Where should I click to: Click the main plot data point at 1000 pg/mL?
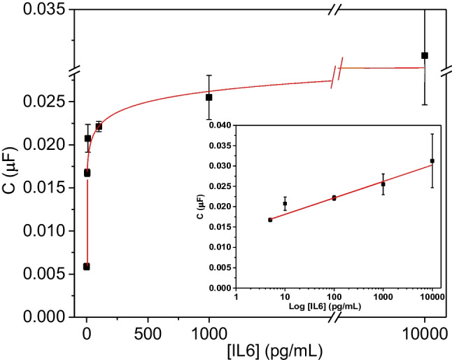pyautogui.click(x=209, y=97)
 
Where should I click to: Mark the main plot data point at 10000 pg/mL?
pyautogui.click(x=424, y=55)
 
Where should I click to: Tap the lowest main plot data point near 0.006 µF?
pyautogui.click(x=86, y=266)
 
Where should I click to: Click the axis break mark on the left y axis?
pyautogui.click(x=73, y=71)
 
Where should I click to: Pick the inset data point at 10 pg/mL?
pyautogui.click(x=285, y=204)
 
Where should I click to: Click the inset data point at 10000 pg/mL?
pyautogui.click(x=432, y=160)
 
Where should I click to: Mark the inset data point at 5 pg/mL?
pyautogui.click(x=270, y=220)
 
